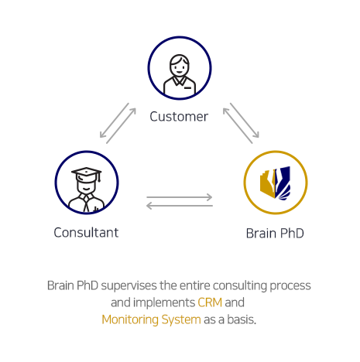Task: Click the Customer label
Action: pos(179,117)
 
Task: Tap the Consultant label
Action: pos(86,233)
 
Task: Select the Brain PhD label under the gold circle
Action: pos(275,234)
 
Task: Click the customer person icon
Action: pos(180,75)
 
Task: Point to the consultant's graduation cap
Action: pos(87,173)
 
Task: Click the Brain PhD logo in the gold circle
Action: pos(276,183)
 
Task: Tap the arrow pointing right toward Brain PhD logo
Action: pos(180,197)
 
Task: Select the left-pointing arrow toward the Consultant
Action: pos(180,206)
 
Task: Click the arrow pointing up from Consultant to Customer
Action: pos(121,126)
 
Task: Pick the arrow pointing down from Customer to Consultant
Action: pos(115,120)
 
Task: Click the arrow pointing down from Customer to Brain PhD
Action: pos(245,120)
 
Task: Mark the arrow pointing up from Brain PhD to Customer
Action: pos(238,126)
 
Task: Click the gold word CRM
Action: pos(210,302)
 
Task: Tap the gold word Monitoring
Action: pos(130,319)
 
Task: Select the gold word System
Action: pos(181,320)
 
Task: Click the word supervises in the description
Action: pos(129,286)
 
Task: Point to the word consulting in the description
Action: pos(240,286)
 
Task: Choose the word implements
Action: pos(164,303)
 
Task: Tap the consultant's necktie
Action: pos(87,203)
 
